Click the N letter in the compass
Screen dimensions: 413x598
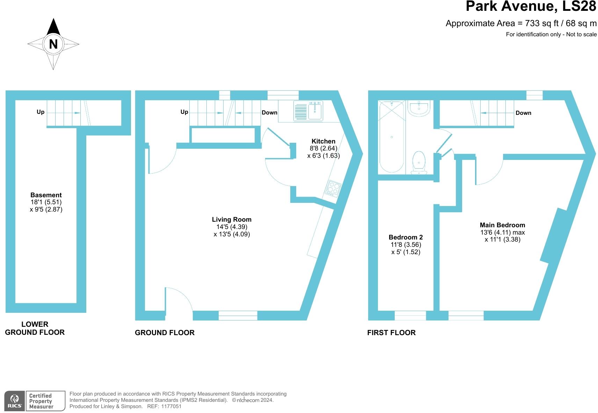click(x=53, y=44)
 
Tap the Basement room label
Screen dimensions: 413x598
click(x=46, y=195)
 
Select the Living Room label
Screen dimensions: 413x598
click(x=232, y=220)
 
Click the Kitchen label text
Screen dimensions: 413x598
click(x=323, y=141)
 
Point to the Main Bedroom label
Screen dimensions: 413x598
click(x=502, y=225)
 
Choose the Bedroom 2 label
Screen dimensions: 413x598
click(x=406, y=237)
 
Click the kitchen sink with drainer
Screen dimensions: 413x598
click(x=308, y=111)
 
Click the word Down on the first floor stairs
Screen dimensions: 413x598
click(x=523, y=113)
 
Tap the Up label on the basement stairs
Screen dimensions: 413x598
click(x=41, y=112)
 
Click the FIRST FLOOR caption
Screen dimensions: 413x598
click(x=391, y=333)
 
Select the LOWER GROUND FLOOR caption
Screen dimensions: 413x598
click(x=35, y=328)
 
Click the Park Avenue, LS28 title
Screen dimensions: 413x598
click(x=531, y=7)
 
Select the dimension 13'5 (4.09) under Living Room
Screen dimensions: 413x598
click(x=232, y=234)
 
